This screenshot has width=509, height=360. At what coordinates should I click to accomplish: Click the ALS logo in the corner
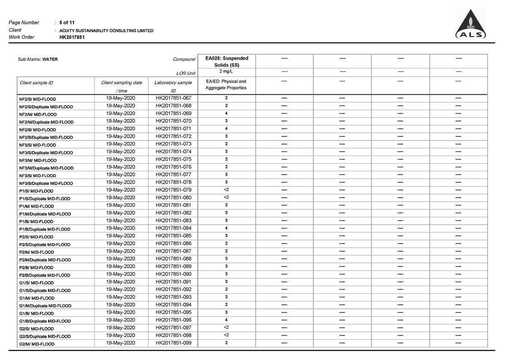coord(470,25)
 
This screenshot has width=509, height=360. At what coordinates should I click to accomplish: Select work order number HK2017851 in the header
coord(72,37)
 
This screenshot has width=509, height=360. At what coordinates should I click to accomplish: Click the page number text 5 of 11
coord(67,22)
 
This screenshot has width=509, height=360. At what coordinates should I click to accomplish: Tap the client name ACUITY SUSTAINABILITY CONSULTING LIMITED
coord(106,30)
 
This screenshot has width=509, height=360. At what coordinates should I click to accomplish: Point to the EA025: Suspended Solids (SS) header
coord(226,61)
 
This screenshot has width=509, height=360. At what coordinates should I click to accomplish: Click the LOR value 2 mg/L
coord(226,72)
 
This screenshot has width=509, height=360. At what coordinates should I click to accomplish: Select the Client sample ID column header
coord(36,83)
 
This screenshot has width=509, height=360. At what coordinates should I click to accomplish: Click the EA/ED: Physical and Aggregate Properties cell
coord(226,85)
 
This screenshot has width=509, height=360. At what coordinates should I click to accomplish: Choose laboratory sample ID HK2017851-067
coord(173,98)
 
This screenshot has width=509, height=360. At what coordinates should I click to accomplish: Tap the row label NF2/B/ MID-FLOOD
coord(38,130)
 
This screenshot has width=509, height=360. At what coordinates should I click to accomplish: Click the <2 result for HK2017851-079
coord(226,190)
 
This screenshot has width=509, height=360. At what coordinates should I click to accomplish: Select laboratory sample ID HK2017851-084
coord(173,228)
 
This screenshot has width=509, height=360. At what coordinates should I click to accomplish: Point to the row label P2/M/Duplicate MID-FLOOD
coord(45,260)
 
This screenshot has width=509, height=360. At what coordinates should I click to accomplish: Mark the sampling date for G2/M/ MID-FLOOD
coord(121,343)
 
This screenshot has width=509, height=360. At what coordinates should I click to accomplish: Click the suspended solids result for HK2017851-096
coord(226,320)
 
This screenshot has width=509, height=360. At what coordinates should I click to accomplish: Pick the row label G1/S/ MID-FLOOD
coord(36,283)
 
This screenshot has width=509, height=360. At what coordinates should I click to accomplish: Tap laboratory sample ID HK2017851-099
coord(173,343)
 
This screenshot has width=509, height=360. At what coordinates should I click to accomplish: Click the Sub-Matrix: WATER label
coord(38,59)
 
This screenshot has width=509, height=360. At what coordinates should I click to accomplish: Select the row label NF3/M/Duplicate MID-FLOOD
coord(46,168)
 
